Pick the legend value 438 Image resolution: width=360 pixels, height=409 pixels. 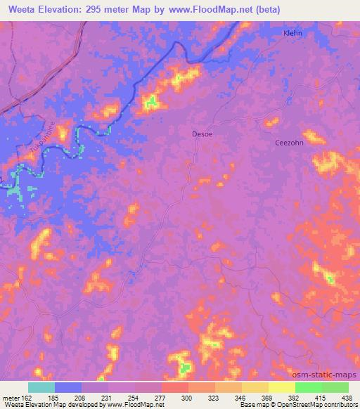[x=347, y=397]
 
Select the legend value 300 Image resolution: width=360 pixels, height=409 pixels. [x=187, y=397]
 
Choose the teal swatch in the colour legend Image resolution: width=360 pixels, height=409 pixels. [x=41, y=387]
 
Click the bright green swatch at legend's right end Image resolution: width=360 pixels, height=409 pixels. [x=335, y=387]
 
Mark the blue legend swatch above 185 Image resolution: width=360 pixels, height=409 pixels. [x=68, y=387]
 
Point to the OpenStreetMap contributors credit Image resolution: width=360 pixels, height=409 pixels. [x=319, y=405]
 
